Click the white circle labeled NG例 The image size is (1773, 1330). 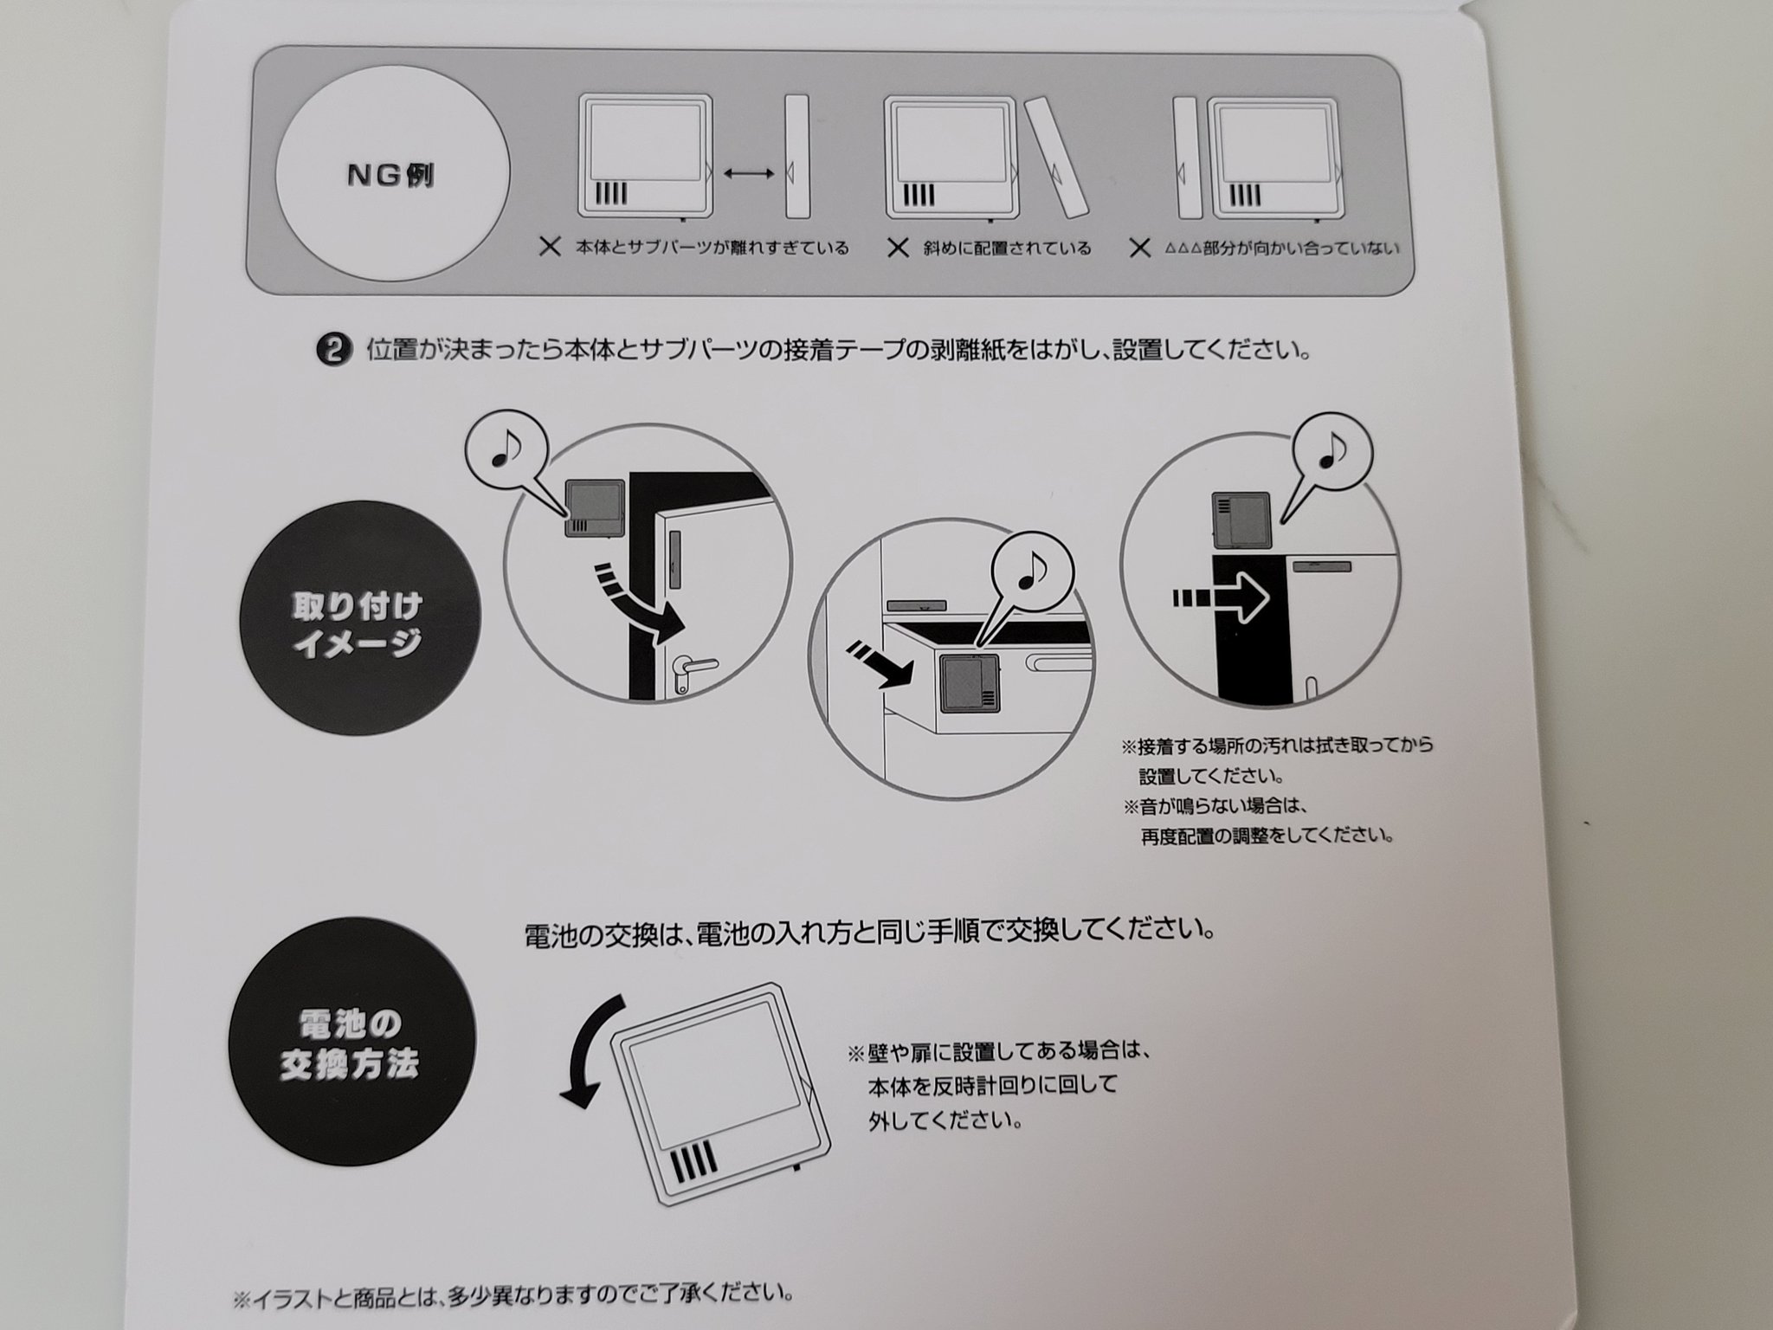click(x=392, y=175)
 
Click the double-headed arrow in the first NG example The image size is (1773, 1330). click(x=749, y=174)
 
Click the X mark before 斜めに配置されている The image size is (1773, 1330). click(x=899, y=249)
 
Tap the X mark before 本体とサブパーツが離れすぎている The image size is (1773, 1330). click(x=550, y=248)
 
